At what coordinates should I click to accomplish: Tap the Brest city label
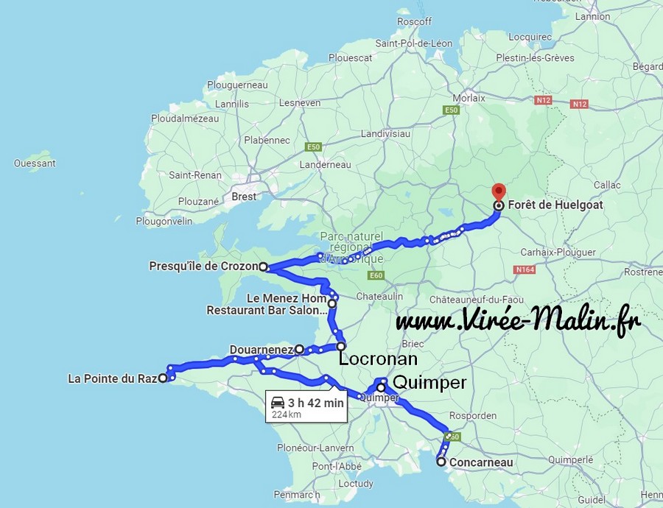coord(244,197)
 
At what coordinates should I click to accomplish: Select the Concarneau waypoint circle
coord(441,462)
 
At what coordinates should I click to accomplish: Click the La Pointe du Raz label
coord(112,379)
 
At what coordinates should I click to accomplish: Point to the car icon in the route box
coord(278,403)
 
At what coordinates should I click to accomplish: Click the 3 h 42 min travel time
coord(316,403)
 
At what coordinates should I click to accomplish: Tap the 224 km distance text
coord(286,414)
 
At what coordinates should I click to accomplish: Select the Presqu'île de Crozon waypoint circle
coord(263,267)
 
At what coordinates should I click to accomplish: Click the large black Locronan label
coord(378,360)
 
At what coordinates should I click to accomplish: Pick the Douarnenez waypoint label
coord(262,349)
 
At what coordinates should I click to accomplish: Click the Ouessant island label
coord(35,163)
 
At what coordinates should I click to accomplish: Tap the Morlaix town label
coord(469,98)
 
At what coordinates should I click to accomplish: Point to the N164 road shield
coord(525,270)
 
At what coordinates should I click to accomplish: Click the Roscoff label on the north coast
coord(414,22)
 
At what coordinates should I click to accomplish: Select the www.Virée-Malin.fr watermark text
coord(518,321)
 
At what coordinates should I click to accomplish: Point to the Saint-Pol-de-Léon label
coord(413,43)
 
